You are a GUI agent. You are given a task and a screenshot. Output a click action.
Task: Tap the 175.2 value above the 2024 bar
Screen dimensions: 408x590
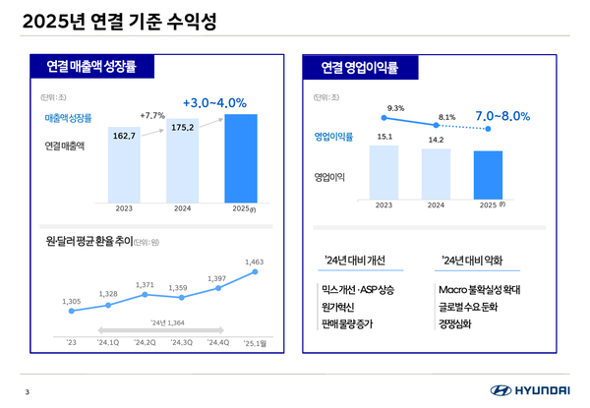[x=184, y=127]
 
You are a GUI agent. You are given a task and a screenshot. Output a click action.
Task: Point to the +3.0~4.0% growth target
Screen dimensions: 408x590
[x=214, y=102]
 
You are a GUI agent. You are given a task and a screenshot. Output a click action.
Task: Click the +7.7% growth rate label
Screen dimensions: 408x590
[x=152, y=115]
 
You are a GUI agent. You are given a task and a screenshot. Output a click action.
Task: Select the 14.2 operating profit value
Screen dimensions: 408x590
[x=437, y=140]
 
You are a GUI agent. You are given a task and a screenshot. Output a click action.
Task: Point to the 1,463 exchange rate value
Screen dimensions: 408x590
[x=255, y=262]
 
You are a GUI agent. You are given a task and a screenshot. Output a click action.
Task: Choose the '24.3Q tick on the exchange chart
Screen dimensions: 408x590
[x=182, y=342]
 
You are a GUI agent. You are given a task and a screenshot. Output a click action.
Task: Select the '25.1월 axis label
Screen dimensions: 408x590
[x=255, y=342]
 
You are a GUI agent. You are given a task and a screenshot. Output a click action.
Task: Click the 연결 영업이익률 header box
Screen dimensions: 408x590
[x=362, y=67]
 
